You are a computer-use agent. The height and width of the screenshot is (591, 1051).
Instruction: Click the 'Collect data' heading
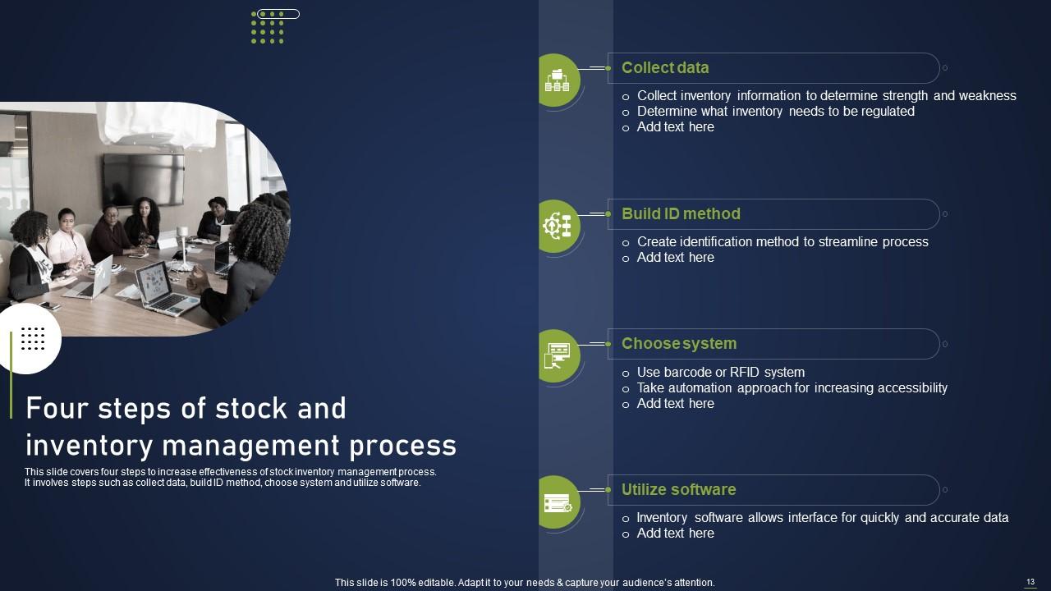tap(665, 67)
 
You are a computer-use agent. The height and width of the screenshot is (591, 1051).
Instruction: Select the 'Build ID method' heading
tap(681, 214)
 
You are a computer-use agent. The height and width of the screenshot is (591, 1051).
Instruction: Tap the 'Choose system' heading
tap(679, 344)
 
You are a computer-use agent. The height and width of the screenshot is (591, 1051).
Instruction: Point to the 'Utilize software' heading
tap(678, 490)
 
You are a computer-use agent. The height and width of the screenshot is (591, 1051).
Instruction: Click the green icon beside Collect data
tap(558, 80)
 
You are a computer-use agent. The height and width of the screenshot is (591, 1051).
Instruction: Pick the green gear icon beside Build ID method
tap(558, 227)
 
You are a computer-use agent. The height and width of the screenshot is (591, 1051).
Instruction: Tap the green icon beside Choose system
tap(558, 356)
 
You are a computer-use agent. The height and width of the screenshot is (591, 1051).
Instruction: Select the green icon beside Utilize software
tap(558, 502)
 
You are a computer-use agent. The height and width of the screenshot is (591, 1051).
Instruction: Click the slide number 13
tap(1030, 582)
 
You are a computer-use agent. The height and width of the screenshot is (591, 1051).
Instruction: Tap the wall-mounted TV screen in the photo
tap(144, 179)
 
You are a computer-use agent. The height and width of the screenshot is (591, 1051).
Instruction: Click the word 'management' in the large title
tap(250, 446)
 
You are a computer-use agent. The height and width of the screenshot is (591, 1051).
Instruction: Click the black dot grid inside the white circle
tap(33, 339)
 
